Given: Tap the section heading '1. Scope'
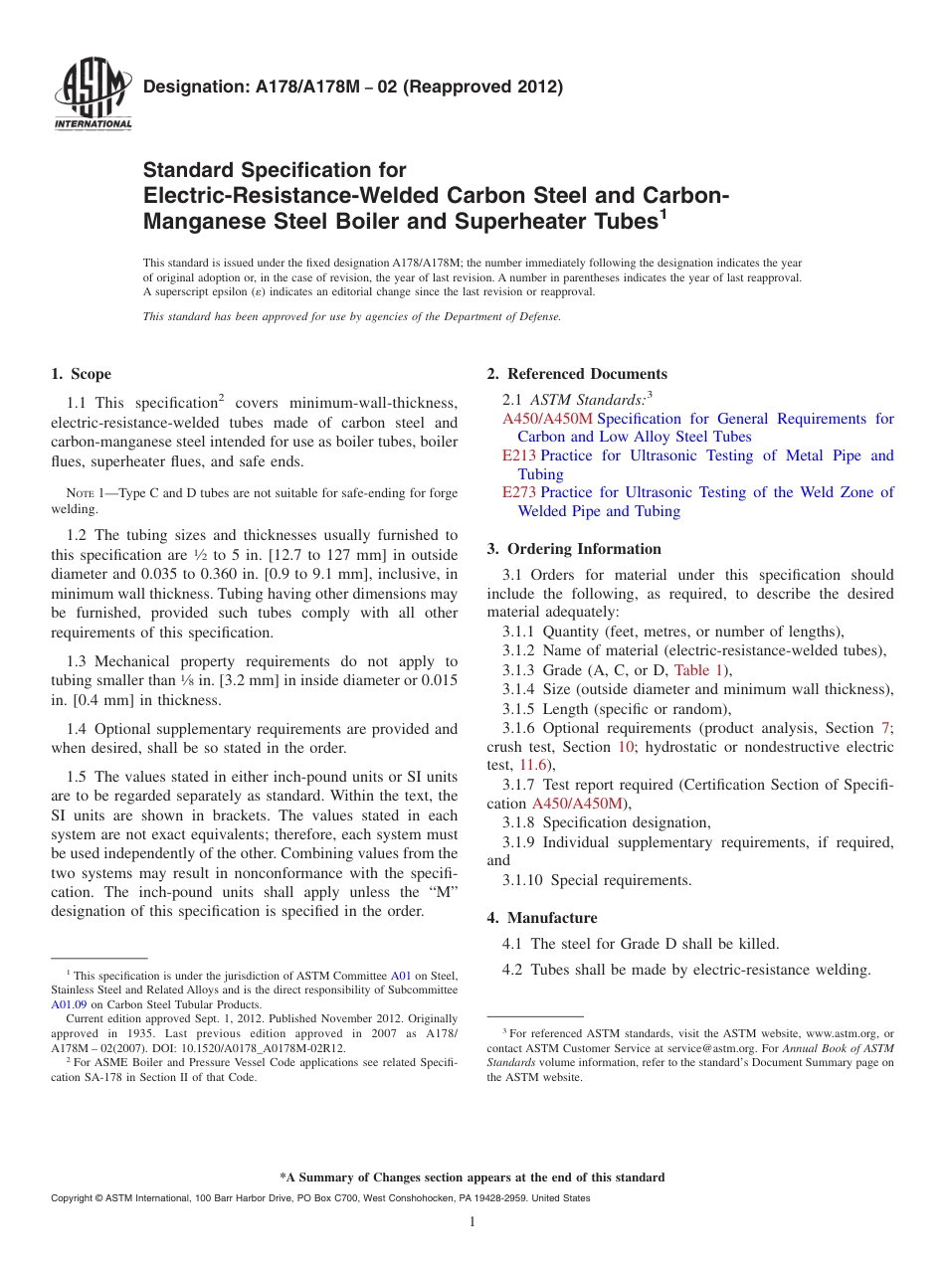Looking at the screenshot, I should [81, 374].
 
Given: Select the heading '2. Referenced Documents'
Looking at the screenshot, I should [577, 374].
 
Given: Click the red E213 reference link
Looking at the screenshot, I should [519, 455].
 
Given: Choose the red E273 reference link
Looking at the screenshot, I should [519, 492].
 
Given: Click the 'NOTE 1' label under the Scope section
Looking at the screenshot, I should [79, 494].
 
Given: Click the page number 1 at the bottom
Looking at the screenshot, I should [472, 1221].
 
